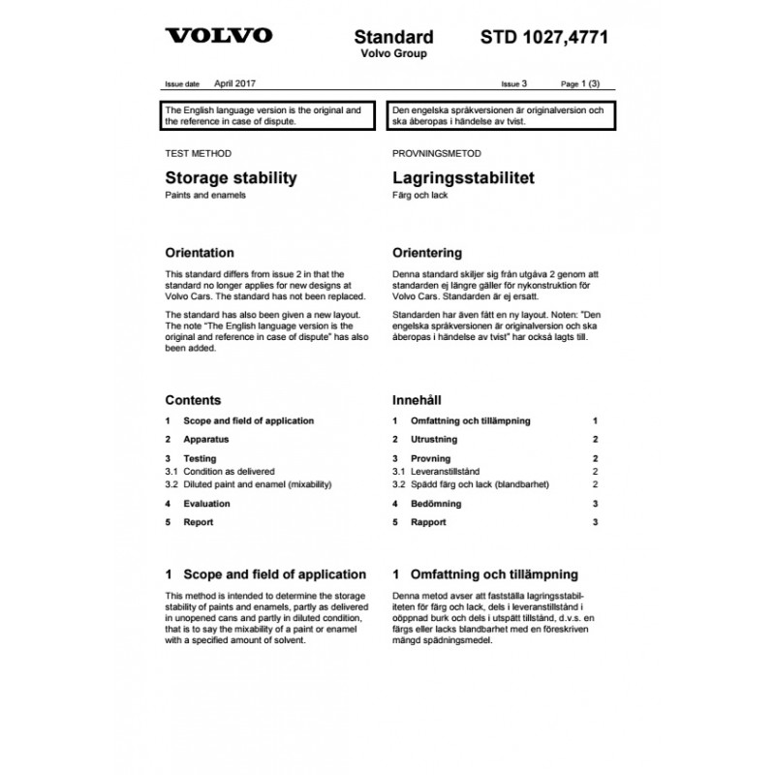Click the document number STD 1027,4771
point(544,38)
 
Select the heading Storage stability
point(231,178)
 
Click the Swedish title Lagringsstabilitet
point(463,178)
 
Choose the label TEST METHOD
point(199,153)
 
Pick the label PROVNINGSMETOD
point(437,153)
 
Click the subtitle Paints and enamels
point(206,196)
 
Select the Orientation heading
point(200,253)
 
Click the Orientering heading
point(426,253)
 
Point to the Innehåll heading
point(417,400)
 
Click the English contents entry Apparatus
point(204,440)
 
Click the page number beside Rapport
point(596,522)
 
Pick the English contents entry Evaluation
point(206,504)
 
